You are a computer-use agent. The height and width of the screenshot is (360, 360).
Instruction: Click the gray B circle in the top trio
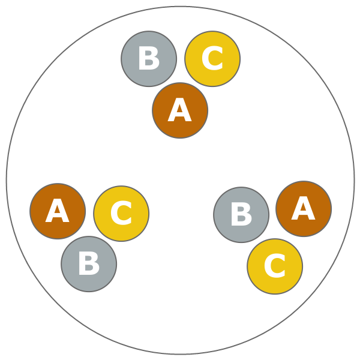coord(149,59)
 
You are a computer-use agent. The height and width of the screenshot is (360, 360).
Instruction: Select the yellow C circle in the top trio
coord(212,59)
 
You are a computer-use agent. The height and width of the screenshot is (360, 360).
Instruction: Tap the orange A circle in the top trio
coord(180,110)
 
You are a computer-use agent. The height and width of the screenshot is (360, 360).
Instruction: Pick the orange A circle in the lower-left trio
coord(58,211)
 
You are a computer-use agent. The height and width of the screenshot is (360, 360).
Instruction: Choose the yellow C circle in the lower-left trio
coord(121,214)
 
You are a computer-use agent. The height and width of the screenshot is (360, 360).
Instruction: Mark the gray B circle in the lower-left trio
coord(89,264)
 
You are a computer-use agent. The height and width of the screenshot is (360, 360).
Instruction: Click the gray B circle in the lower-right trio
coord(241,215)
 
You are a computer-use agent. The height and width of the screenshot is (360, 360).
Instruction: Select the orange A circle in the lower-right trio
coord(304,209)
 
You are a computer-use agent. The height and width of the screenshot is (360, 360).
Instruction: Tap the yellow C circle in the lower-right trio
coord(275,266)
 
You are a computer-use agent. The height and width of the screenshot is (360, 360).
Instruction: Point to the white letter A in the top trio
coord(180,111)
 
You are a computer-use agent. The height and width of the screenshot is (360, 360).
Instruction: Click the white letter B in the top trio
coord(149,59)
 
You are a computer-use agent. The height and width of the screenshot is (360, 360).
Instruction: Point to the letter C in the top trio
coord(212,59)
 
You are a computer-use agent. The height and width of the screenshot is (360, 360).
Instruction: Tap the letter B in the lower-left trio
coord(89,265)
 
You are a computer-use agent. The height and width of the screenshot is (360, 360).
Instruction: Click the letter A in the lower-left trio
coord(58,212)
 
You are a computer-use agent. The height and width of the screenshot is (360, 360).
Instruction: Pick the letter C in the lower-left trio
coord(121,214)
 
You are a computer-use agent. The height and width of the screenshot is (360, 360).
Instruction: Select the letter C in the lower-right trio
coord(275,267)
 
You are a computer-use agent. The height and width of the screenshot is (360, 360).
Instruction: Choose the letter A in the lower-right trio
coord(304,209)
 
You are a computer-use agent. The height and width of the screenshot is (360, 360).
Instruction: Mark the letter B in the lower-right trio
coord(241,215)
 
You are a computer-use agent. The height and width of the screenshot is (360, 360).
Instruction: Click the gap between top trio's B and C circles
coord(181,59)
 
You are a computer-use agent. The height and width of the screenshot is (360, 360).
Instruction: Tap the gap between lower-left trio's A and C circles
coord(89,212)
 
